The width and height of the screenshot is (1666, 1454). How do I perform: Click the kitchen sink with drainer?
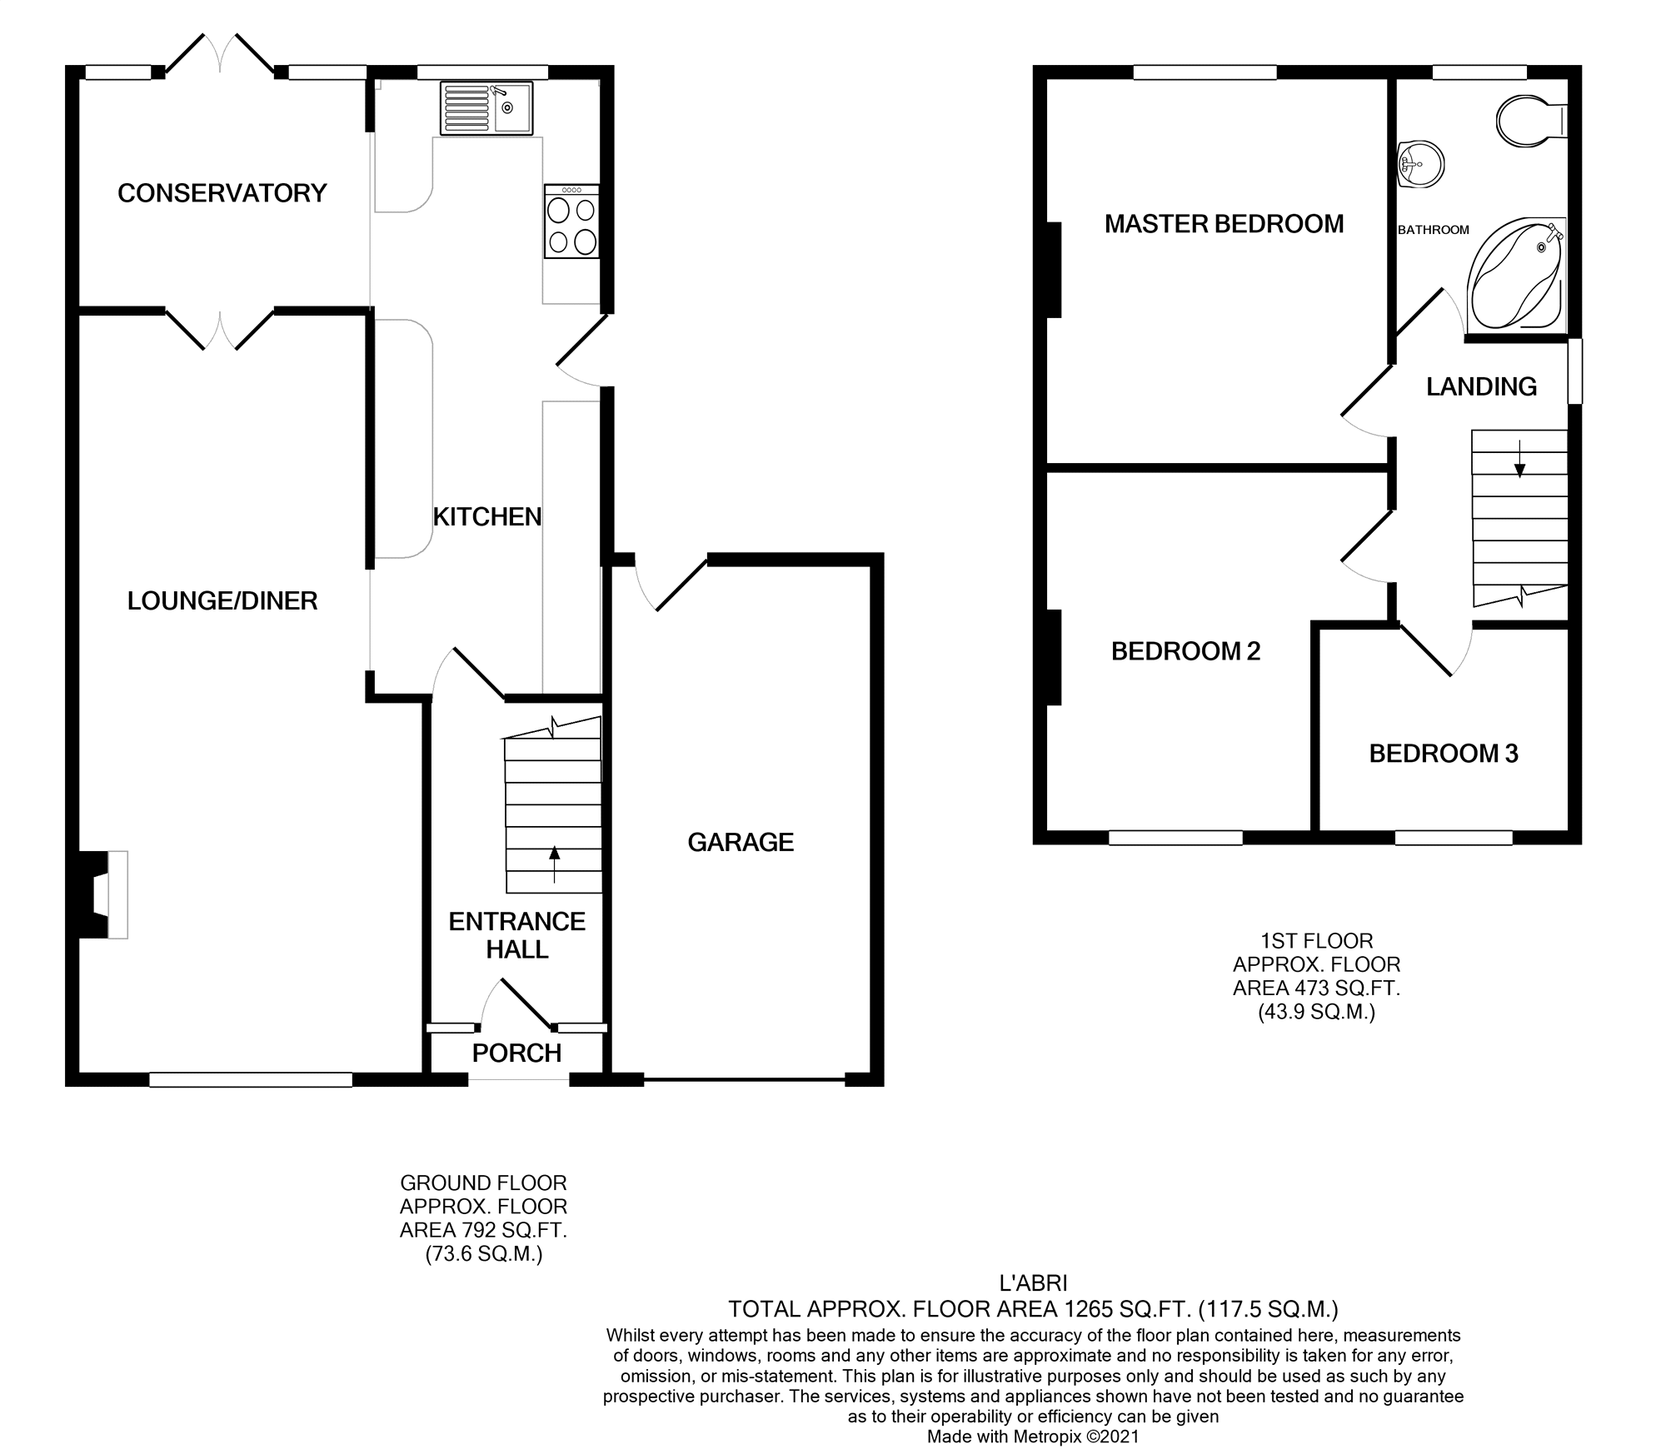[x=486, y=108]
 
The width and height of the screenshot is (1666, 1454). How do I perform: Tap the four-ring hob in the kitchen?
[x=572, y=222]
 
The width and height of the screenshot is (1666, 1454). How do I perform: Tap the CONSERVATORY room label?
[x=222, y=193]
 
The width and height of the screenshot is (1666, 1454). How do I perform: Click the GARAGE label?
[x=741, y=843]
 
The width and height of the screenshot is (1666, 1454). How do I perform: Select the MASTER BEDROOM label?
[x=1224, y=224]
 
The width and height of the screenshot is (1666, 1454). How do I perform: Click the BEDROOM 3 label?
[x=1444, y=754]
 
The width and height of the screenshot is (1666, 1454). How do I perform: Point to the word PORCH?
[x=516, y=1053]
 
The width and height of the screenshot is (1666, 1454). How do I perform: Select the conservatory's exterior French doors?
[x=220, y=54]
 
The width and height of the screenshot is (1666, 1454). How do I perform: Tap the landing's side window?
[x=1574, y=371]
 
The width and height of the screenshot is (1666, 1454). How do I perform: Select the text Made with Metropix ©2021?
[x=1033, y=1437]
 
